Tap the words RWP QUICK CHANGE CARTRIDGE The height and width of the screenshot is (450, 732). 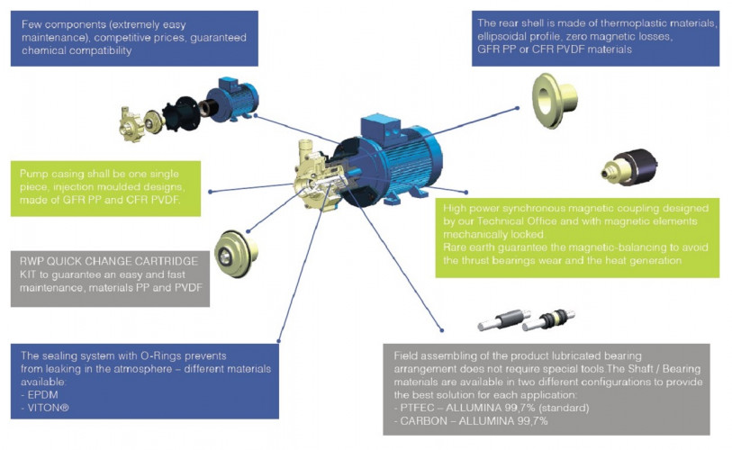(103, 261)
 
